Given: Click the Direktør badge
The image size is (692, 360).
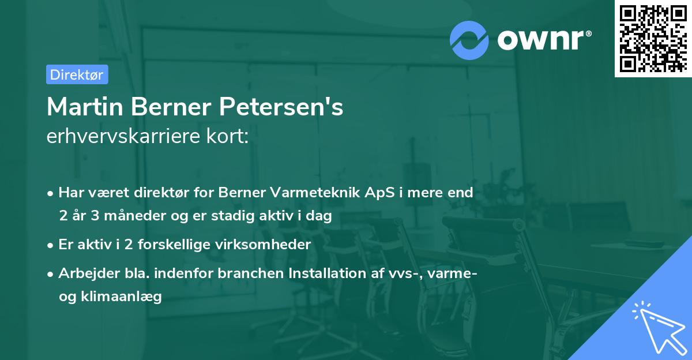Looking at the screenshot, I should tap(77, 74).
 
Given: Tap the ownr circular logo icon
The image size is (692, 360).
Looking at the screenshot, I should tap(469, 40).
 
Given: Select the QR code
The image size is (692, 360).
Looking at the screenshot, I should tap(653, 39).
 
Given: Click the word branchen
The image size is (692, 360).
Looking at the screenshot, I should tap(247, 273).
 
